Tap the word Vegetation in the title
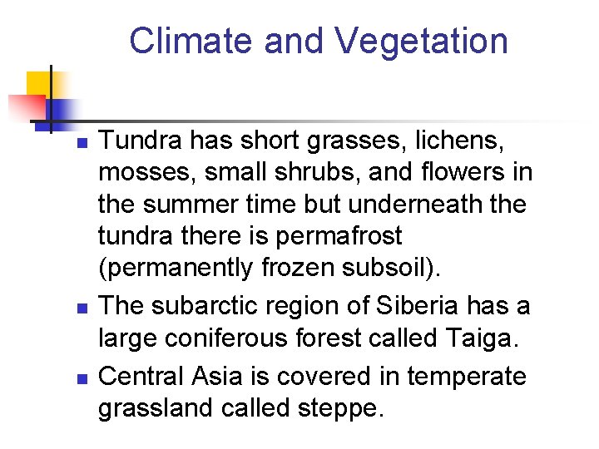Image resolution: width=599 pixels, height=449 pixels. point(422,41)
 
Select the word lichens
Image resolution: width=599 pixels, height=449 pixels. point(456,141)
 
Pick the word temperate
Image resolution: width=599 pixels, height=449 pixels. point(466,377)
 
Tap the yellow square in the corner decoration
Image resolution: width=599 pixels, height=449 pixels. point(39,84)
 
